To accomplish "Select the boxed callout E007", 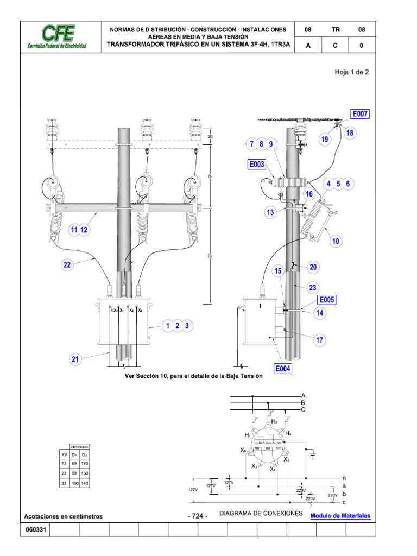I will click(360, 114).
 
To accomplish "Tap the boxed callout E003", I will click(257, 163).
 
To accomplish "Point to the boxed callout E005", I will click(327, 299).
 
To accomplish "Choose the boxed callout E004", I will click(283, 369).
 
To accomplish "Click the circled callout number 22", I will click(67, 264).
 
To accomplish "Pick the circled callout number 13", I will click(270, 212).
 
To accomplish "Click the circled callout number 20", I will click(313, 267).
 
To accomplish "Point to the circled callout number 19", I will click(325, 140).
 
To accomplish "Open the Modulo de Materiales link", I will click(340, 515).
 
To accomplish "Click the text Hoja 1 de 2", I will click(351, 72).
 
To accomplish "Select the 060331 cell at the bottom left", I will click(35, 530).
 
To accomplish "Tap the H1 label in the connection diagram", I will click(248, 435).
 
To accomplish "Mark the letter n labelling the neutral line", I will click(344, 478).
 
